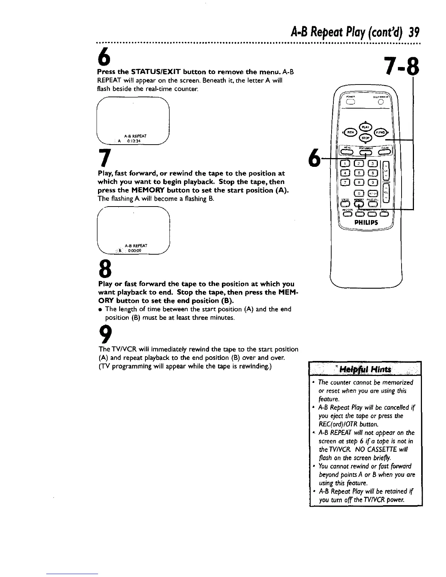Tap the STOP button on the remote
(365, 138)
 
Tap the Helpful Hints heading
(365, 370)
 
